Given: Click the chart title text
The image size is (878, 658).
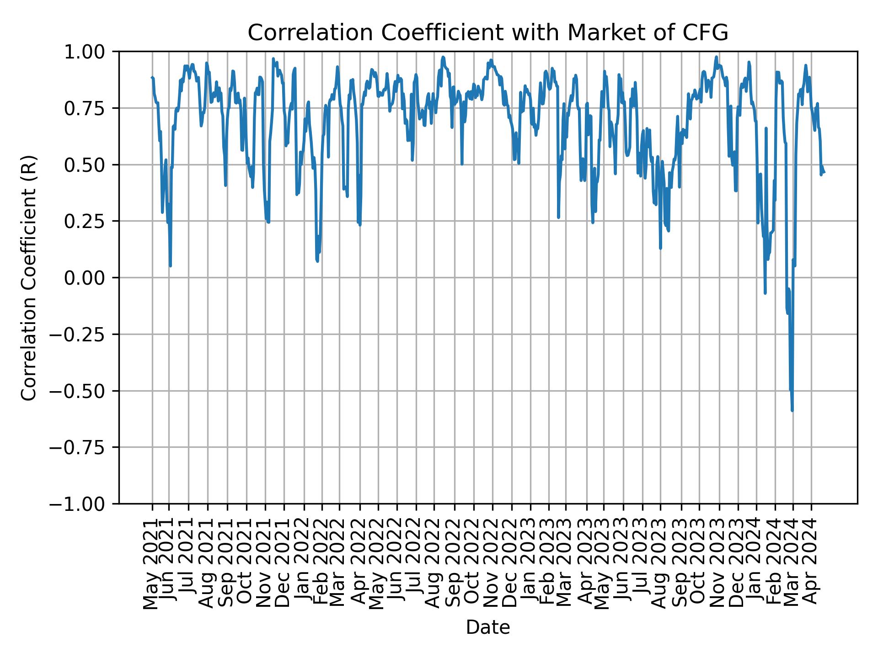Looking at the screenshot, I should coord(487,33).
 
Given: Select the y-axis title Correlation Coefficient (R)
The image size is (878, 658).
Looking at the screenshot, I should coord(28,277).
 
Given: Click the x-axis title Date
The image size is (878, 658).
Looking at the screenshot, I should coord(487,628).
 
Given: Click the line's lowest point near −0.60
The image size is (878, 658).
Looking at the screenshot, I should coord(792,410).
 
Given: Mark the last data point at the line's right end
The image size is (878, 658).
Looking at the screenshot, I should coord(824,172).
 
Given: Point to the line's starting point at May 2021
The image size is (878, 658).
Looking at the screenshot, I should coord(152,77).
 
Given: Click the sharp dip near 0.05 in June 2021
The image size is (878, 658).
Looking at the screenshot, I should coord(170,265).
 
